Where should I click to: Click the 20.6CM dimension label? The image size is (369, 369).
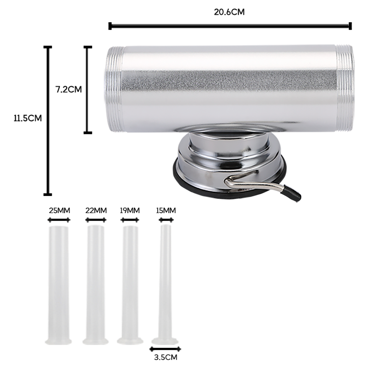pyautogui.click(x=229, y=12)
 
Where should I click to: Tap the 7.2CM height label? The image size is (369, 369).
pyautogui.click(x=68, y=89)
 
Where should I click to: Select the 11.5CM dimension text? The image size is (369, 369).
pyautogui.click(x=28, y=118)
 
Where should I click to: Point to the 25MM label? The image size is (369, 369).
pyautogui.click(x=60, y=210)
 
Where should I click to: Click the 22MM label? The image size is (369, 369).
pyautogui.click(x=96, y=210)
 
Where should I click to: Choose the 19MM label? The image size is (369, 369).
pyautogui.click(x=130, y=210)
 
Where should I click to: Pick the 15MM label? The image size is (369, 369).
pyautogui.click(x=166, y=210)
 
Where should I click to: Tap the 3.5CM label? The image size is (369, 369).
pyautogui.click(x=166, y=357)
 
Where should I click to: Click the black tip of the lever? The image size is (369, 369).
pyautogui.click(x=292, y=193)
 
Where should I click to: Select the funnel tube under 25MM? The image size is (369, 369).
pyautogui.click(x=59, y=285)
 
